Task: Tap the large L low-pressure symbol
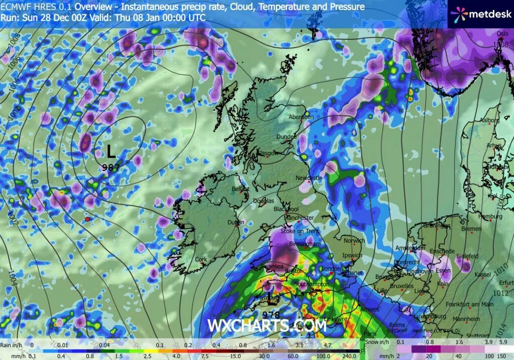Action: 111,151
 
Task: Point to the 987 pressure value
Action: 111,168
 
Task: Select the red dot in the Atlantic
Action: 87,219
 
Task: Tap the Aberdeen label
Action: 301,117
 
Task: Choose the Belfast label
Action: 240,189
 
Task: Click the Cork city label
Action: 201,260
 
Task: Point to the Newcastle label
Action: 309,178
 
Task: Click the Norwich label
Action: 354,241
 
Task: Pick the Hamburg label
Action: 490,217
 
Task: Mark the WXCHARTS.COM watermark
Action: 267,325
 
